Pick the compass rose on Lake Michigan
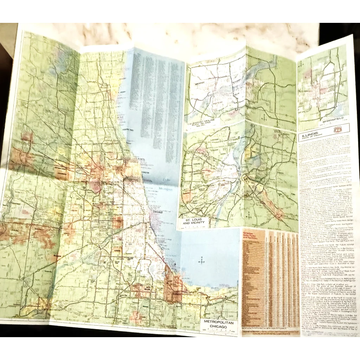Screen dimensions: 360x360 [202, 261]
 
